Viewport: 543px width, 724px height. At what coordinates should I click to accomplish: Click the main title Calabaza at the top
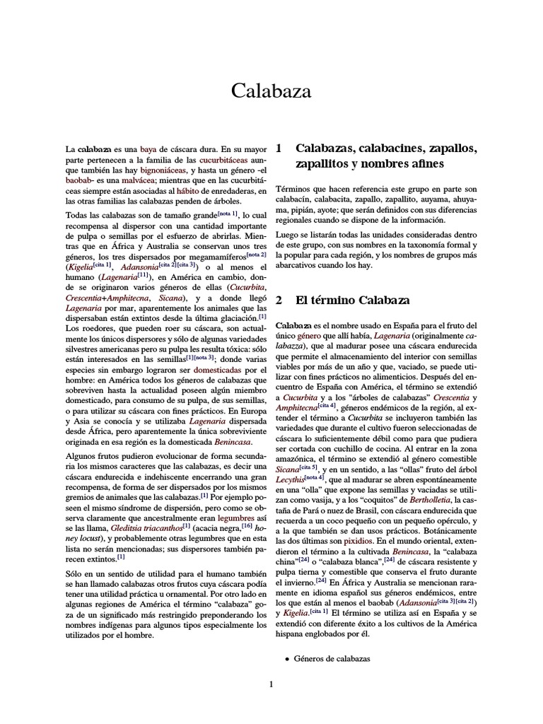pos(271,91)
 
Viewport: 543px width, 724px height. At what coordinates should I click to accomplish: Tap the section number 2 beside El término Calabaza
pos(279,300)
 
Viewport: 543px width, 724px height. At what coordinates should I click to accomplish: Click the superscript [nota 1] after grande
pos(228,212)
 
